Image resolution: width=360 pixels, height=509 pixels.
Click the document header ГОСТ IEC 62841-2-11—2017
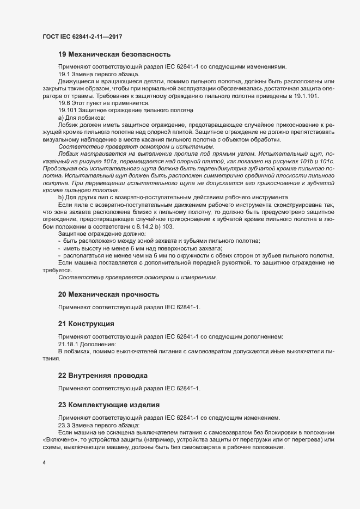[x=82, y=36]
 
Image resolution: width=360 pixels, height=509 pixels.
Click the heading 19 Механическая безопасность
[x=114, y=54]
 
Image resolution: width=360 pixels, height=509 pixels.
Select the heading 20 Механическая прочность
[x=108, y=295]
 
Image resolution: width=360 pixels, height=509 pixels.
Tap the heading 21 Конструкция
[x=86, y=324]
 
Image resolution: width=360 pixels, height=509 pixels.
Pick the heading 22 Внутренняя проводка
[x=103, y=376]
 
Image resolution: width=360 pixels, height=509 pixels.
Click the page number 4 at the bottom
[x=44, y=463]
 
